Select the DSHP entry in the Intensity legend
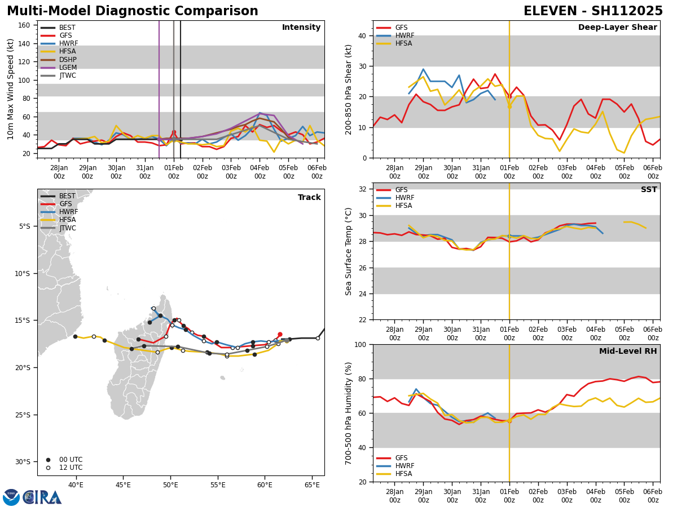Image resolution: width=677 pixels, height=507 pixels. click(68, 60)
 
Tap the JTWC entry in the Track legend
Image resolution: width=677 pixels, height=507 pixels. click(67, 228)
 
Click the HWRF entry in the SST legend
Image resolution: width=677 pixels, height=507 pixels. click(405, 198)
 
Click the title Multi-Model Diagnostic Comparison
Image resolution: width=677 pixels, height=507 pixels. click(133, 11)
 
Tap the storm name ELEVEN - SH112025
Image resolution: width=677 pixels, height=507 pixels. click(593, 11)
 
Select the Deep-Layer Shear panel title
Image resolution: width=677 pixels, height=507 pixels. click(617, 28)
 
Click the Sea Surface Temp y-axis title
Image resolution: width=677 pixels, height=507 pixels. click(349, 251)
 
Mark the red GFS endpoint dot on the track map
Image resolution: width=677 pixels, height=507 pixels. click(280, 335)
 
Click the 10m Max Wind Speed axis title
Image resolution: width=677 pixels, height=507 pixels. click(11, 89)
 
